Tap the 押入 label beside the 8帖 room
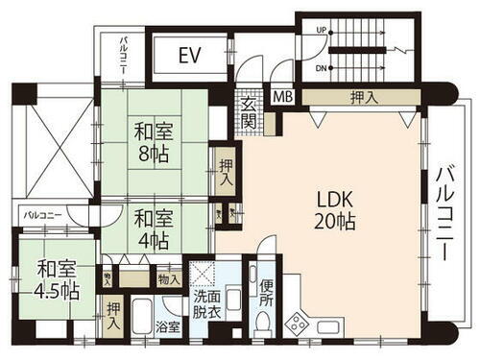tap(226, 173)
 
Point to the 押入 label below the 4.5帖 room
tap(114, 315)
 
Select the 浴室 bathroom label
tap(168, 327)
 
